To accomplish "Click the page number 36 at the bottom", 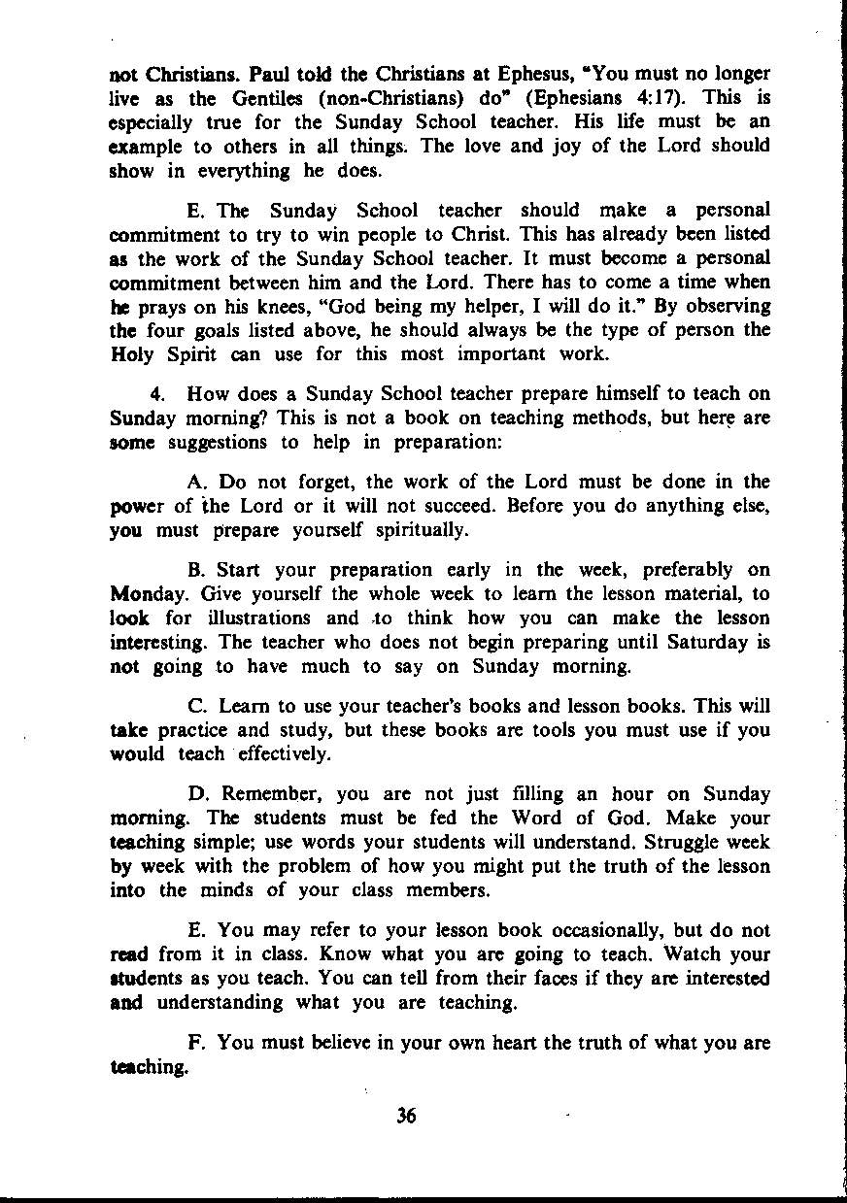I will coord(406,1116).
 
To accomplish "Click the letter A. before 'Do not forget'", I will coord(197,483).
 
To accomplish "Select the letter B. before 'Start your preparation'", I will coord(197,570).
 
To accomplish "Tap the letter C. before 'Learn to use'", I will coord(197,706).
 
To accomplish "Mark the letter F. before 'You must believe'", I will coord(197,1043).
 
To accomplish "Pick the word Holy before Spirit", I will coord(131,354).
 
